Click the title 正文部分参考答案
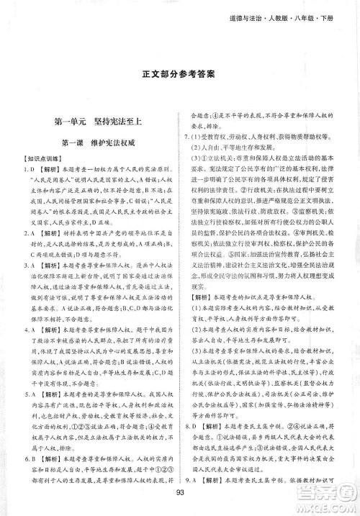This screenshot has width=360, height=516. click(179, 74)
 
